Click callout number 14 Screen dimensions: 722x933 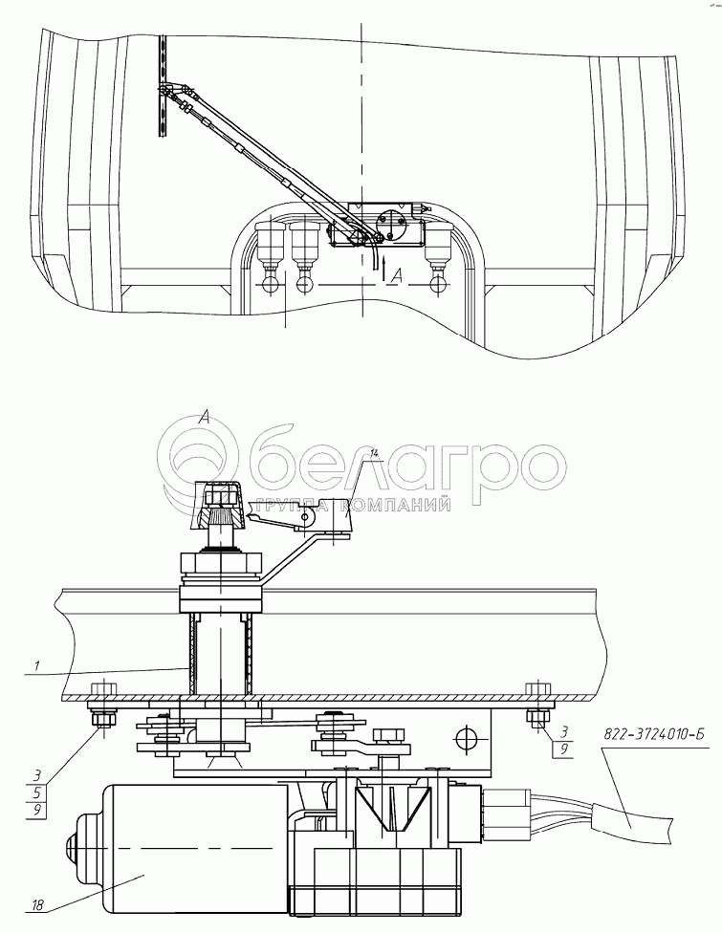point(373,453)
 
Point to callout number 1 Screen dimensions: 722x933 point(37,666)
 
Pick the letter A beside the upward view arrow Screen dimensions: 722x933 point(398,274)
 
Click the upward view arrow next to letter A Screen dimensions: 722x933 point(384,266)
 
